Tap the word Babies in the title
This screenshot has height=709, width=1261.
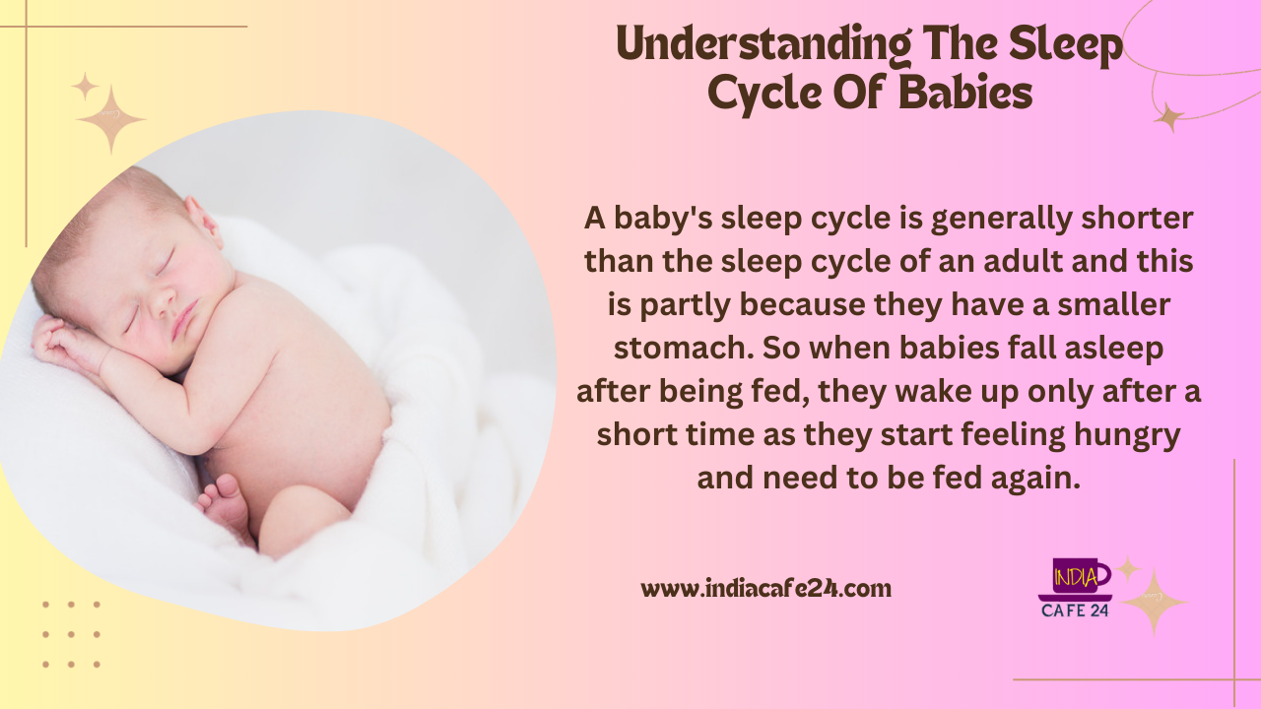pyautogui.click(x=965, y=93)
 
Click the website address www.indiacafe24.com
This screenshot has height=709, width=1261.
pyautogui.click(x=765, y=589)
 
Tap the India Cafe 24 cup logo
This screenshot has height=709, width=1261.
pyautogui.click(x=1075, y=588)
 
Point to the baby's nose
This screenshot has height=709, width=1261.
pyautogui.click(x=164, y=304)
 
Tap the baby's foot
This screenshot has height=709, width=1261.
pyautogui.click(x=224, y=503)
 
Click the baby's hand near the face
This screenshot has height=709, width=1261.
pyautogui.click(x=62, y=342)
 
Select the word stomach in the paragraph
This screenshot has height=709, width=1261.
pyautogui.click(x=684, y=349)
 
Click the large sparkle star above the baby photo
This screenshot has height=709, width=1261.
pyautogui.click(x=111, y=119)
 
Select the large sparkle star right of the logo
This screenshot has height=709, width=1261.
pyautogui.click(x=1154, y=603)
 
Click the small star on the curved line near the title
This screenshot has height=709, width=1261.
pyautogui.click(x=1169, y=117)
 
